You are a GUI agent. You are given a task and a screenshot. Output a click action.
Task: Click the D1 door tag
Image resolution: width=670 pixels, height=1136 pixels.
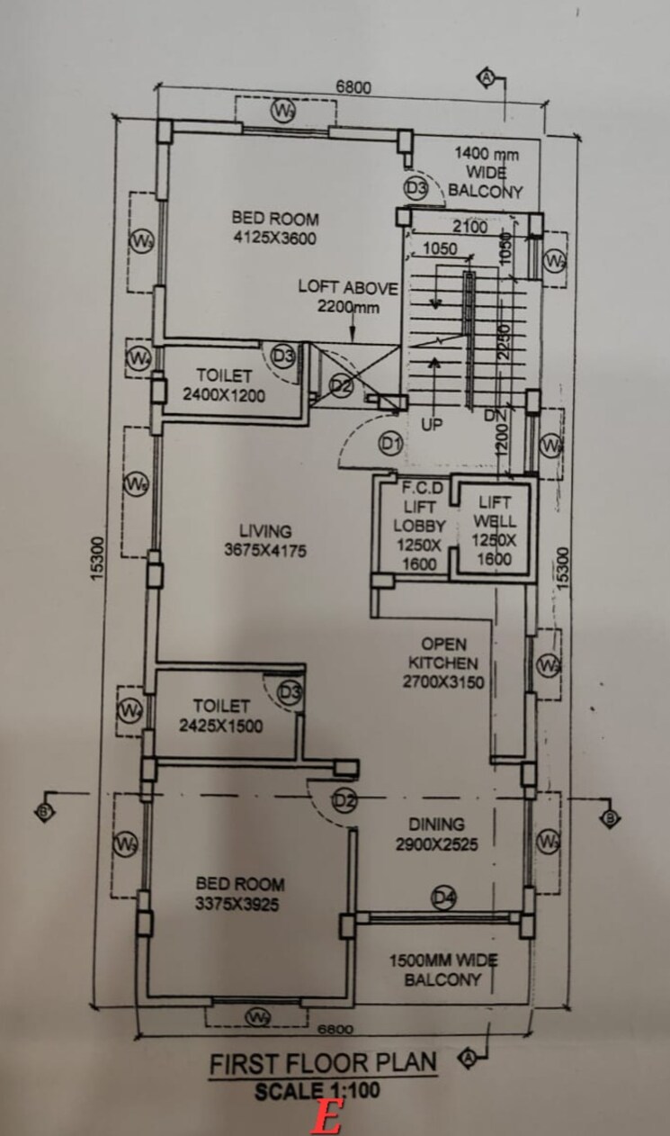tap(389, 442)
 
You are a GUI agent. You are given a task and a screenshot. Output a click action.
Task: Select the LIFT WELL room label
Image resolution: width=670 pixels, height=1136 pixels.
tap(495, 531)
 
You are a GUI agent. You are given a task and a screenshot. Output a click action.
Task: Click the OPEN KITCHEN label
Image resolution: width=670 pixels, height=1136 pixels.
tap(443, 663)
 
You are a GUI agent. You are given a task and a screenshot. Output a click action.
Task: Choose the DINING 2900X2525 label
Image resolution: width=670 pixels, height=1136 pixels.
tap(437, 834)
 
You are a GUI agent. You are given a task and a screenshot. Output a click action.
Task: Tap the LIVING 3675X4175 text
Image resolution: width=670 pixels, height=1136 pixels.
tap(265, 540)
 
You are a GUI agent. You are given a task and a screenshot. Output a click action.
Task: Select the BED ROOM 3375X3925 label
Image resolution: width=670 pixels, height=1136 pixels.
tap(241, 894)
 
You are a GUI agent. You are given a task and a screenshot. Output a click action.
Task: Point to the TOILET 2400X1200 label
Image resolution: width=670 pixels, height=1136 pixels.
tap(224, 385)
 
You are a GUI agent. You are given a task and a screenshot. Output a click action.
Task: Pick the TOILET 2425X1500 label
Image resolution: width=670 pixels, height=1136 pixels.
tap(220, 716)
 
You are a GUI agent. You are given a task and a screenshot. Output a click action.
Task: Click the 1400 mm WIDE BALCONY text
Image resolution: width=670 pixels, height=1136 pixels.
tap(486, 172)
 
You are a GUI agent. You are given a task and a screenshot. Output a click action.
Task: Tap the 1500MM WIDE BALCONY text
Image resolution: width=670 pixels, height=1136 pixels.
tap(442, 970)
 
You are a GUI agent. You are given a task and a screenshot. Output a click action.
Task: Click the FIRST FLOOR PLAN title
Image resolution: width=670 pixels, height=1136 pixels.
tap(323, 1063)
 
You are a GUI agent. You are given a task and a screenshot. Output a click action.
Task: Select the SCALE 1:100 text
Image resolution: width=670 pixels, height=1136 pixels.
tap(317, 1090)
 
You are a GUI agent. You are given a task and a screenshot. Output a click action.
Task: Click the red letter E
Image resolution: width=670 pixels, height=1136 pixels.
tap(327, 1119)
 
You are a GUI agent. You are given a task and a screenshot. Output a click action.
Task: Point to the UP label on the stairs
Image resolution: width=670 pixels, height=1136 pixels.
tap(432, 425)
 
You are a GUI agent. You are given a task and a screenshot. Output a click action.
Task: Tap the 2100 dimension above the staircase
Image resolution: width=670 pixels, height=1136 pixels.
tap(469, 228)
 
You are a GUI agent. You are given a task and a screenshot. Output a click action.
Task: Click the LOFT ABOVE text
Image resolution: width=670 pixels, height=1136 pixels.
tap(347, 288)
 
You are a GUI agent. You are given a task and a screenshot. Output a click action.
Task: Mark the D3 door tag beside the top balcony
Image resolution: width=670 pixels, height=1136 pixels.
tap(415, 188)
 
